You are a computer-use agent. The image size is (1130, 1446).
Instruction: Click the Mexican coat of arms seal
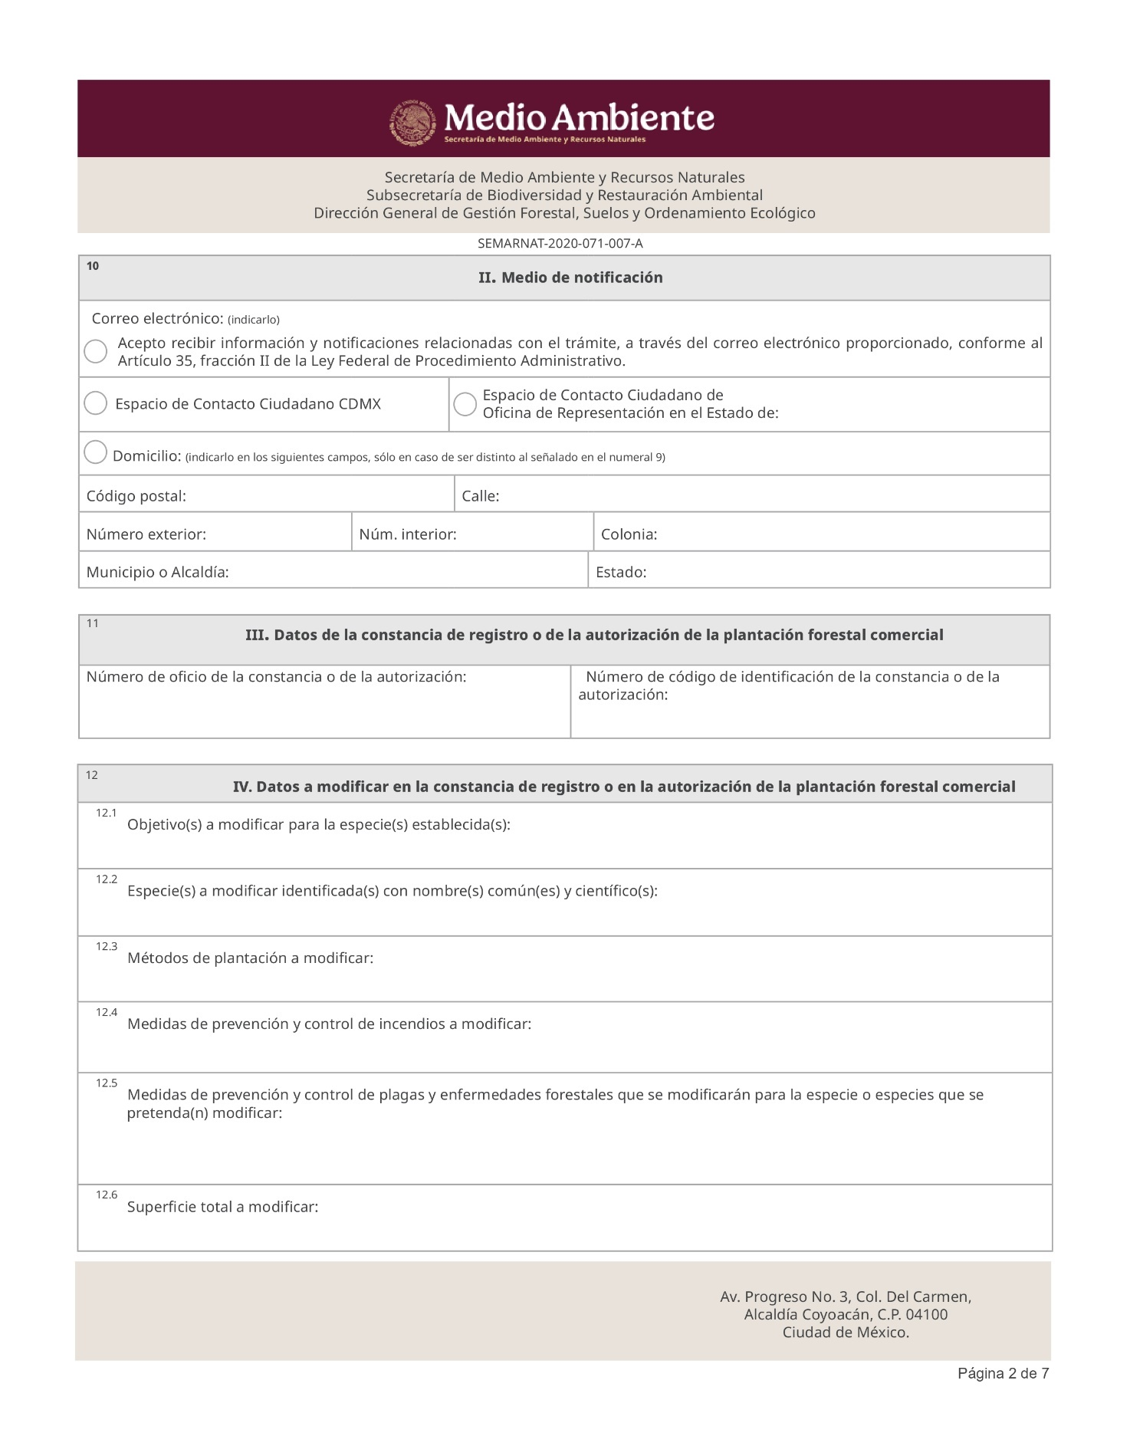(x=413, y=122)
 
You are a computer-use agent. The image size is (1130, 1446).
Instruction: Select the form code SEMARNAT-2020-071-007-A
(x=560, y=244)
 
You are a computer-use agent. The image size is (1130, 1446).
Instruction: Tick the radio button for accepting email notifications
(x=96, y=352)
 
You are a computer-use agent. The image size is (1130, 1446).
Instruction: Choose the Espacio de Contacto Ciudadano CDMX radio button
(x=96, y=403)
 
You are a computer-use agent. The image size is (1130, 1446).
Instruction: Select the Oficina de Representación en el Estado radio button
(x=465, y=404)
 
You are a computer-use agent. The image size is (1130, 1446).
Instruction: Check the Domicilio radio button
(x=95, y=452)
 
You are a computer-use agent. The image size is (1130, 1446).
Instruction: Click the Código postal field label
(x=136, y=496)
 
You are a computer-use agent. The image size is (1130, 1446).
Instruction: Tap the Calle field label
(x=480, y=496)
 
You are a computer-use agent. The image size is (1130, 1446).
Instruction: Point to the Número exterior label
(x=146, y=534)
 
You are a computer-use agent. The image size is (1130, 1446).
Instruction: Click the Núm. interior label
(x=407, y=534)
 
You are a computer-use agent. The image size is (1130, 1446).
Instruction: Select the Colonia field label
(x=629, y=534)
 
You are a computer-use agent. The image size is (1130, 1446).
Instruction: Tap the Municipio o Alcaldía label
(x=157, y=572)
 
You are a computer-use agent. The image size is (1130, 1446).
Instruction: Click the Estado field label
(x=621, y=572)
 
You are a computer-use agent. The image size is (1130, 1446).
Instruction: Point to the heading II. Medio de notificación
(x=570, y=278)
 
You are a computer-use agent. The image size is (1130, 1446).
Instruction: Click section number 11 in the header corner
(x=93, y=623)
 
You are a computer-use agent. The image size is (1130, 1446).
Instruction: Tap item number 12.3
(x=107, y=947)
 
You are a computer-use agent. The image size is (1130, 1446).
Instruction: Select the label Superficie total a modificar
(x=222, y=1207)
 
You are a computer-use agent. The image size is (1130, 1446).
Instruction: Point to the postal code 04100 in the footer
(x=926, y=1314)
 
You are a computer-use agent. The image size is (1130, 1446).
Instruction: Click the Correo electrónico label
(x=157, y=318)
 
